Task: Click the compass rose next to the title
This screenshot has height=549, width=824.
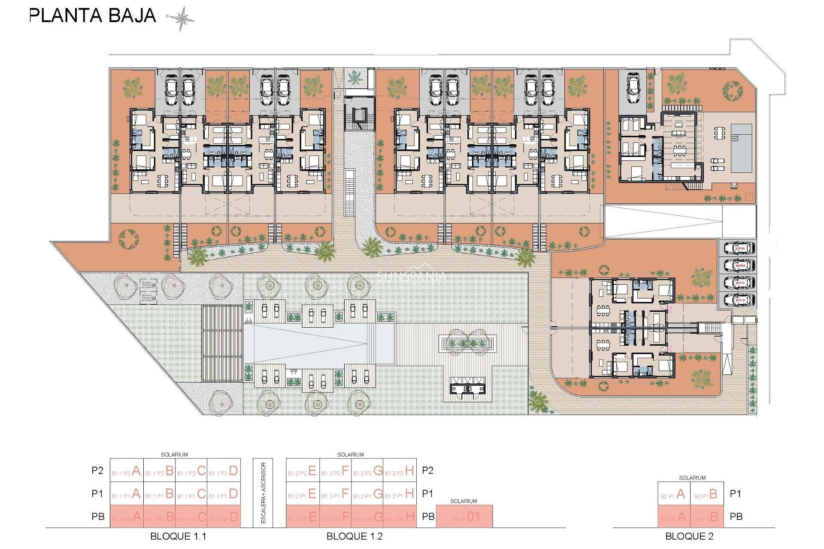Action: (181, 18)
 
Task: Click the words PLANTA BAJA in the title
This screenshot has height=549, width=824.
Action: (93, 16)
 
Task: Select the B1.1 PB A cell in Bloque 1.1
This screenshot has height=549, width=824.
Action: (127, 517)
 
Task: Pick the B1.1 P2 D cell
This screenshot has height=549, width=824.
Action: (224, 471)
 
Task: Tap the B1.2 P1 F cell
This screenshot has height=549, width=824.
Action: (336, 494)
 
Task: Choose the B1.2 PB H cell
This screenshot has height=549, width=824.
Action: (400, 517)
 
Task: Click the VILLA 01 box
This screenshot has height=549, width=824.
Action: (464, 517)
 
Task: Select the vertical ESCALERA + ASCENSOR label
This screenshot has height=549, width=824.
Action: (263, 493)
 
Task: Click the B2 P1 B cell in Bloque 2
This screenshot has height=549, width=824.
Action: (707, 494)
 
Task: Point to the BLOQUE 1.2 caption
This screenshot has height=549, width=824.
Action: (354, 536)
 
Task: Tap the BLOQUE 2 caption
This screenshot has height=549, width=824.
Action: (689, 536)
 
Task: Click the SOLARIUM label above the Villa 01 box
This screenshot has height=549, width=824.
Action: (463, 501)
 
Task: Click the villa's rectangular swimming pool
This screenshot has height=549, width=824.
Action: (741, 148)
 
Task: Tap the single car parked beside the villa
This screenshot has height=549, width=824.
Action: (633, 88)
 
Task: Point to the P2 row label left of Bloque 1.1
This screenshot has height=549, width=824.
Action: (97, 471)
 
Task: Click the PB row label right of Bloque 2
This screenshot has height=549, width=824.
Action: (736, 517)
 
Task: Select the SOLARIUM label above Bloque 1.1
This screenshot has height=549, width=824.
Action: (174, 455)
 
